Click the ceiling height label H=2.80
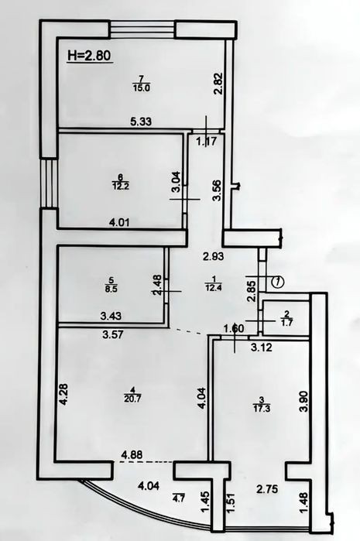(x=90, y=56)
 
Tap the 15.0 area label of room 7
(x=141, y=87)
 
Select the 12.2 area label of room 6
(x=121, y=187)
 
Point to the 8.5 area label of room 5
(x=111, y=289)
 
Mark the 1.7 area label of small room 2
(x=287, y=324)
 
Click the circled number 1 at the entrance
(x=278, y=282)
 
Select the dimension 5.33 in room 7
(x=141, y=121)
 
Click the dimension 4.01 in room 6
(x=119, y=222)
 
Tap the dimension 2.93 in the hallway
(x=214, y=256)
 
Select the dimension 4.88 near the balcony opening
(x=132, y=455)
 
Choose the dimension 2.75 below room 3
(x=267, y=489)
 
